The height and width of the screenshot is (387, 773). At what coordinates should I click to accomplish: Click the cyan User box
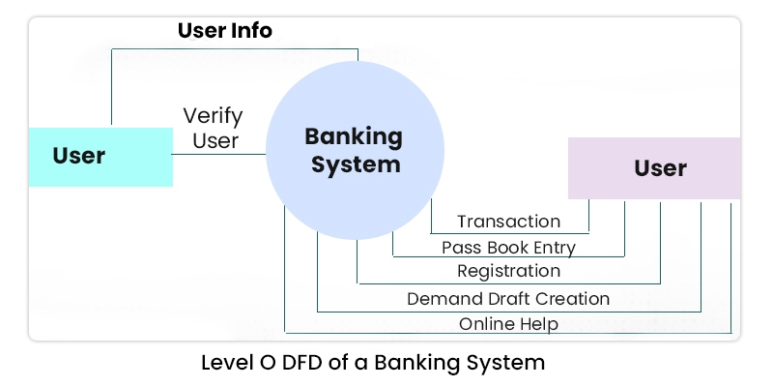[100, 156]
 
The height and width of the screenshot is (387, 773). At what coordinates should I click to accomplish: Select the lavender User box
[654, 168]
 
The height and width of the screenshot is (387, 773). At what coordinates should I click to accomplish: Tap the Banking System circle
[355, 150]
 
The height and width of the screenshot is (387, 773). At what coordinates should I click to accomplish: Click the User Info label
[224, 31]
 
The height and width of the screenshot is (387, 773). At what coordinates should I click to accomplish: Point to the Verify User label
[214, 129]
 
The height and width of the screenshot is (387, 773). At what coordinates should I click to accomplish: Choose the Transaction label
[508, 222]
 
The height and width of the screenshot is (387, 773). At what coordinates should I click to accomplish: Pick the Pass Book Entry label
[508, 247]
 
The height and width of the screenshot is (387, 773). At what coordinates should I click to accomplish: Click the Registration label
[508, 271]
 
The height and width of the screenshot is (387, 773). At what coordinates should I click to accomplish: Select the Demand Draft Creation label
[508, 298]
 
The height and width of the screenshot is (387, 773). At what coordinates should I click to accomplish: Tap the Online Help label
[508, 323]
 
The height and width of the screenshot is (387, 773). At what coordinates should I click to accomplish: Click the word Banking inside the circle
[354, 135]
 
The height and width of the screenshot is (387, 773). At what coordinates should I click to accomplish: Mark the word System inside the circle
[355, 164]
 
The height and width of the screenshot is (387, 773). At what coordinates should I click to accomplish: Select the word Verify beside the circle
[214, 116]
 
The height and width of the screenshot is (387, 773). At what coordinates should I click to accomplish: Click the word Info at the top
[249, 31]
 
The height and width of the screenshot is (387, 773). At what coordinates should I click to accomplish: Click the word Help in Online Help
[537, 323]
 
